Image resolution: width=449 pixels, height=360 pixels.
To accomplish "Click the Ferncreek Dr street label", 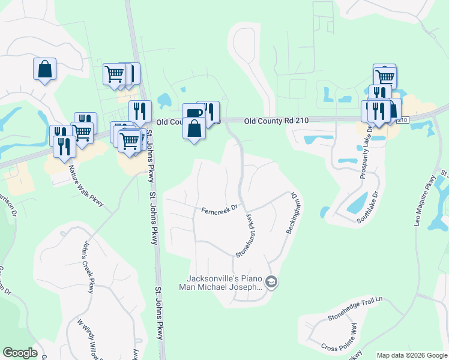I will tap(220, 210).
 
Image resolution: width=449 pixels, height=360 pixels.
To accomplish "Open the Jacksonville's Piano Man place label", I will tap(222, 283).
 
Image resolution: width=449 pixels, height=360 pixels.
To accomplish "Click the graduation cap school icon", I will tap(271, 282).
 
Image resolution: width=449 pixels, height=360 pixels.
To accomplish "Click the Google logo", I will tap(20, 353).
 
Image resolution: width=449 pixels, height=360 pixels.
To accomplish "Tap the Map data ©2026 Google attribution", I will tap(412, 355).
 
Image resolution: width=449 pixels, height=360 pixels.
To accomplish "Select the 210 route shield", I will tap(402, 121).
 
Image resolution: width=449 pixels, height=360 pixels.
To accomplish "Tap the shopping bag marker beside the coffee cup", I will tap(194, 128).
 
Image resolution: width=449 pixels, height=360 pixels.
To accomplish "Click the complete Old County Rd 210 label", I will tap(277, 121).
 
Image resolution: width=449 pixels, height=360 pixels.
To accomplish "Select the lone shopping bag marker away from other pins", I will tap(45, 69).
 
